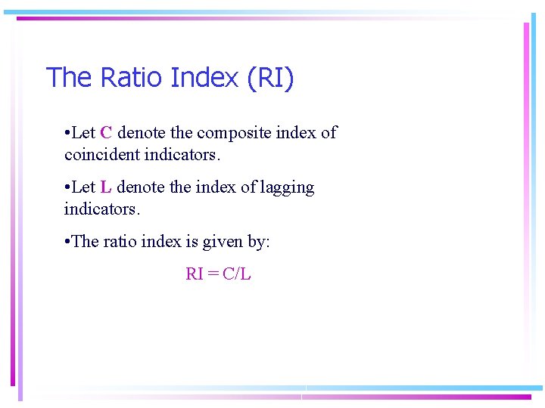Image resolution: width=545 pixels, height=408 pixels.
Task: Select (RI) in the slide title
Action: click(x=270, y=78)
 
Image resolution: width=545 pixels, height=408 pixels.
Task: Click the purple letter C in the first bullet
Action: click(x=106, y=133)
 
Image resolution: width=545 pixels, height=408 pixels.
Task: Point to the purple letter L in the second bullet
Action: click(x=105, y=187)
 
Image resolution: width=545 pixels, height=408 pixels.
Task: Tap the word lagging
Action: click(x=287, y=188)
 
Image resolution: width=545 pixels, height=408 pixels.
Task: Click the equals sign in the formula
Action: click(x=213, y=274)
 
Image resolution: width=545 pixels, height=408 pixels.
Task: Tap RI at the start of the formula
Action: click(x=195, y=274)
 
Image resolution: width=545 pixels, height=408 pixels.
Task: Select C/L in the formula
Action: click(x=236, y=274)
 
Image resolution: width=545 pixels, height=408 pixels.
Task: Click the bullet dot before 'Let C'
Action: click(x=67, y=134)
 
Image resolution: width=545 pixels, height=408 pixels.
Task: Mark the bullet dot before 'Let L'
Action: click(x=67, y=188)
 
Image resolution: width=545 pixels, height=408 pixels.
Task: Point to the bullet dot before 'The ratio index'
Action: click(x=67, y=243)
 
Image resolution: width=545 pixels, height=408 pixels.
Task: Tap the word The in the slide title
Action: click(x=70, y=77)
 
